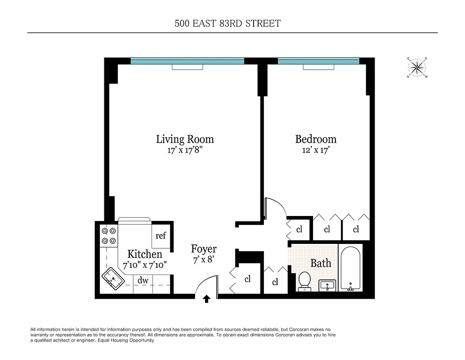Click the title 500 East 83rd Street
pyautogui.click(x=228, y=23)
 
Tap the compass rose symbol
pyautogui.click(x=417, y=68)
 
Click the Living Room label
pyautogui.click(x=185, y=139)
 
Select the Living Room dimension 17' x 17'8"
pyautogui.click(x=185, y=150)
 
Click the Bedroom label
pyautogui.click(x=316, y=139)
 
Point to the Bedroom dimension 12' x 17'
pyautogui.click(x=316, y=150)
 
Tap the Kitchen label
pyautogui.click(x=144, y=254)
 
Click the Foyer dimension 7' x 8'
pyautogui.click(x=204, y=260)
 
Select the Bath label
pyautogui.click(x=321, y=263)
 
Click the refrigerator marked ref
pyautogui.click(x=161, y=235)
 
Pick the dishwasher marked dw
pyautogui.click(x=143, y=280)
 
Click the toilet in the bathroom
pyautogui.click(x=304, y=280)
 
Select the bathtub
pyautogui.click(x=351, y=268)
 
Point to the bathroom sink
pyautogui.click(x=327, y=285)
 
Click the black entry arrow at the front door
pyautogui.click(x=207, y=298)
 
